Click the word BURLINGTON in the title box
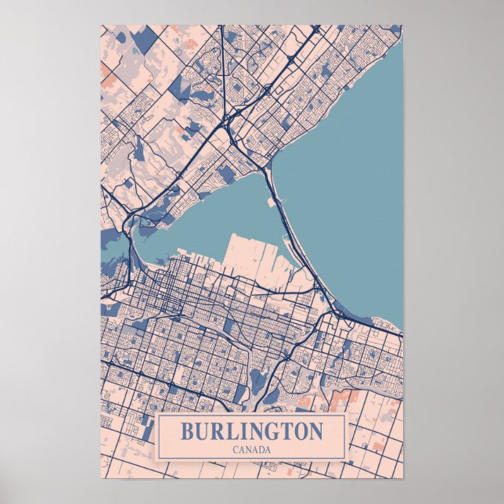[x=251, y=431]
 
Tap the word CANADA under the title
[x=251, y=449]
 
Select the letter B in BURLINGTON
[x=188, y=431]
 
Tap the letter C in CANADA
[x=236, y=449]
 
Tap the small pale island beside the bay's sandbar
[x=273, y=202]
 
